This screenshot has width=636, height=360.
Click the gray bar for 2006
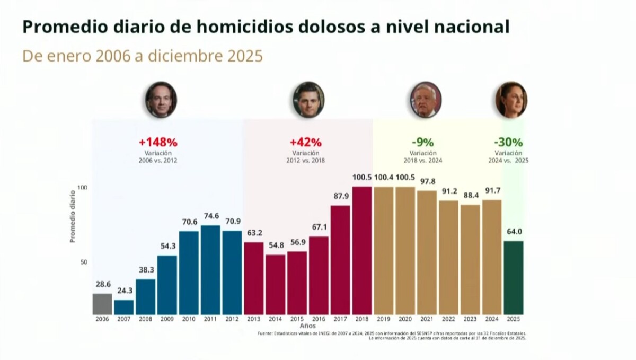pyautogui.click(x=102, y=304)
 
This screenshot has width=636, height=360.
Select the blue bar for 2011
pyautogui.click(x=210, y=270)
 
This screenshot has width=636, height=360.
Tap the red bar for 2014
pyautogui.click(x=275, y=285)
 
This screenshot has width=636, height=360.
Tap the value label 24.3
pyautogui.click(x=124, y=292)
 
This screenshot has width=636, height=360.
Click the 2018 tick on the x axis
pyautogui.click(x=362, y=319)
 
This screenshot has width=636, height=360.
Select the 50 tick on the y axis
pyautogui.click(x=83, y=262)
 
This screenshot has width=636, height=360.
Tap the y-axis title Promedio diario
pyautogui.click(x=73, y=217)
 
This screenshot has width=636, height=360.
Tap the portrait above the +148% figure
pyautogui.click(x=161, y=100)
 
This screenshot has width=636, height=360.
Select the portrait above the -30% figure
pyautogui.click(x=511, y=100)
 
